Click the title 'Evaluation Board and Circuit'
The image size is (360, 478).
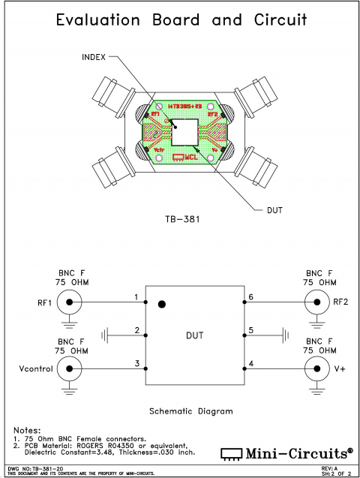180,20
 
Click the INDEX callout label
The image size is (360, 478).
94,57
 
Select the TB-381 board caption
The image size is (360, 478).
180,222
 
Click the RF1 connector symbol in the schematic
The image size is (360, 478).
70,303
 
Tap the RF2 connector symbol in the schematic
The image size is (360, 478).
313,303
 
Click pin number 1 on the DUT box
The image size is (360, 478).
136,298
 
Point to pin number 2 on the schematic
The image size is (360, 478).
136,330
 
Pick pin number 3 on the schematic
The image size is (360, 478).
136,363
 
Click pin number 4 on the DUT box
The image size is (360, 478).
250,363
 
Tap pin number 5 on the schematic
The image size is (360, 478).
250,330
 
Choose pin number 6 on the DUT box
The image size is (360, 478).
250,298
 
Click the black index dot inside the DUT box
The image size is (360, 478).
161,305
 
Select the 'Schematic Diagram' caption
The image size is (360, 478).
190,411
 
